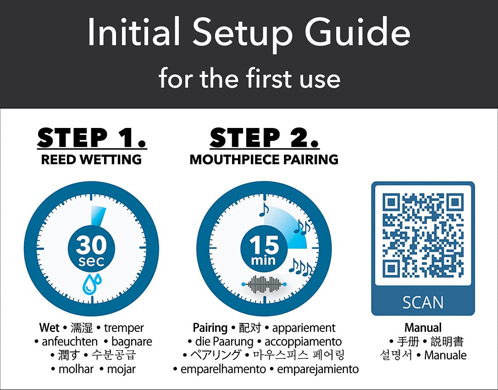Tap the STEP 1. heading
(x=92, y=138)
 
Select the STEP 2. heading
(x=264, y=138)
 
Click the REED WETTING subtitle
(x=91, y=159)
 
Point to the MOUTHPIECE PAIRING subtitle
(x=264, y=159)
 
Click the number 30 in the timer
(x=91, y=245)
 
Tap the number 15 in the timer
(x=264, y=245)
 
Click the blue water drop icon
(x=92, y=284)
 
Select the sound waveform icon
(x=264, y=284)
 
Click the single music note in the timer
(x=264, y=210)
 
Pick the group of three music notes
(x=300, y=267)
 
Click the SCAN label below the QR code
(x=423, y=302)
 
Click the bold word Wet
(x=49, y=328)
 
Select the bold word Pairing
(x=210, y=328)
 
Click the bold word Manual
(x=423, y=328)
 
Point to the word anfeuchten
(x=70, y=341)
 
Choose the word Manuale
(x=445, y=355)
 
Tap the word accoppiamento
(x=303, y=342)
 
